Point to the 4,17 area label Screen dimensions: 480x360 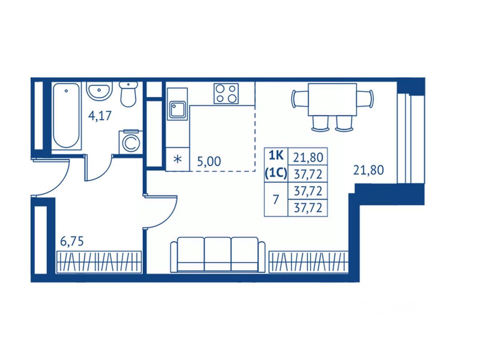[x=100, y=116]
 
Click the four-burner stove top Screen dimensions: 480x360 [x=226, y=93]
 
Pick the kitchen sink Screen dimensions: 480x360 [x=177, y=109]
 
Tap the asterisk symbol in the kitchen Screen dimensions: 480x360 [x=177, y=159]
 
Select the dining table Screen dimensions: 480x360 [x=332, y=99]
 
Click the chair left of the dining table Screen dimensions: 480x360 [x=300, y=99]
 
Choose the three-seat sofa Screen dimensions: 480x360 [x=218, y=254]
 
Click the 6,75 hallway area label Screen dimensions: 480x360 [x=72, y=242]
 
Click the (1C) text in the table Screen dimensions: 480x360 [x=276, y=173]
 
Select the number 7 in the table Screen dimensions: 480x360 [x=276, y=200]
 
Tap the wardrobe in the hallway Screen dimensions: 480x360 [x=99, y=262]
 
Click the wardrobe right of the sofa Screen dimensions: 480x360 [x=308, y=262]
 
